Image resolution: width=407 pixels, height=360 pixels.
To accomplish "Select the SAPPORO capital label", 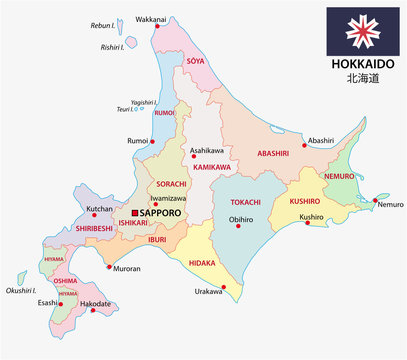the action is pos(165,212).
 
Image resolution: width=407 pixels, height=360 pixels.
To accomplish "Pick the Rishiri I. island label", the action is pos(117,45).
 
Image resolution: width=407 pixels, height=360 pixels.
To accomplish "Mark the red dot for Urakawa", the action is pos(223,289).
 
